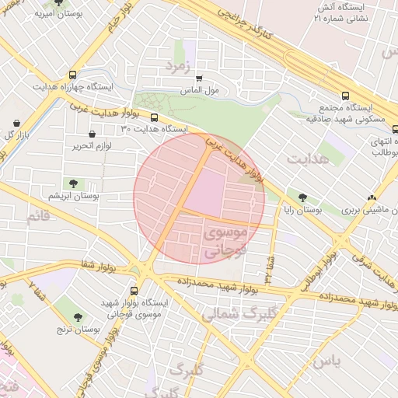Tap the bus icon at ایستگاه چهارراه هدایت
[73, 75]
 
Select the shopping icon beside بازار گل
[16, 124]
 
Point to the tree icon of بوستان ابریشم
[73, 184]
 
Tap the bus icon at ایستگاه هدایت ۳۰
[154, 118]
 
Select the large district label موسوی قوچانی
[224, 241]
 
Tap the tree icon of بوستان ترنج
[78, 317]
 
